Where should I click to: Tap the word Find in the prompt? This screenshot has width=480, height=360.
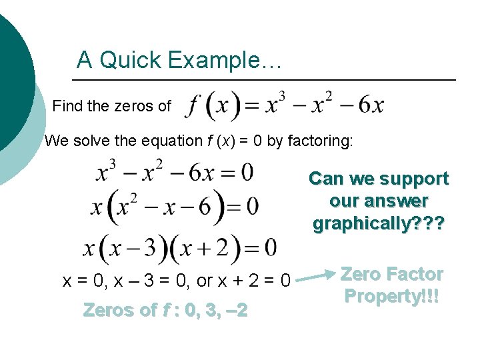pos(66,106)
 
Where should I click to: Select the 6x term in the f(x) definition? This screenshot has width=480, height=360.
pos(371,105)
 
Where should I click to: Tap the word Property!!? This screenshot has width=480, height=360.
pos(392,295)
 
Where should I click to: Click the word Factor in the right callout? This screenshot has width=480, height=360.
pos(415,274)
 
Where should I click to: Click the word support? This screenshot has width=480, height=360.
pos(414,179)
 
